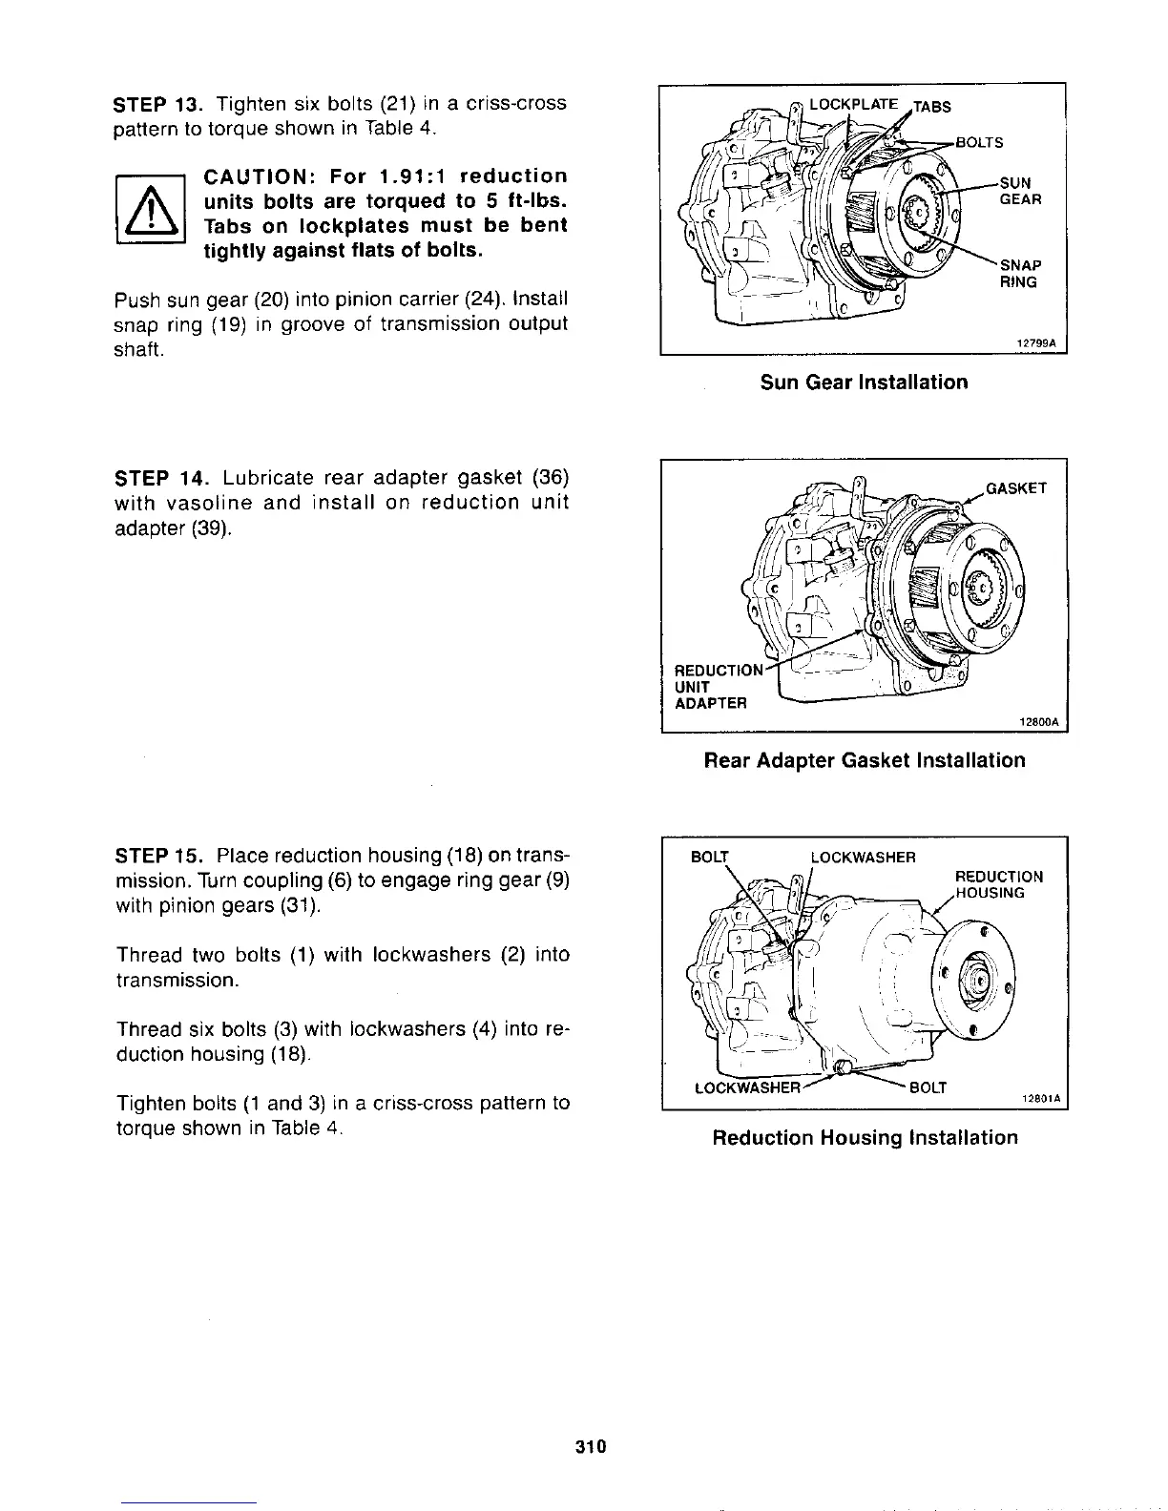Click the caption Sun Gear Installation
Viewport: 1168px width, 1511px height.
click(x=864, y=383)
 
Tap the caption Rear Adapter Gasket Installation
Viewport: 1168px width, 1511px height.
click(x=864, y=760)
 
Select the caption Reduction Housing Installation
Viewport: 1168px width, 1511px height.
click(x=865, y=1137)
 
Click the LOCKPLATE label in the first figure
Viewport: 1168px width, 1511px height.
click(x=852, y=104)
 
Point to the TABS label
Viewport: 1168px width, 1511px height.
click(x=932, y=107)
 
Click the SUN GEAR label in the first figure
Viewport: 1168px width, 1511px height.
click(x=1019, y=191)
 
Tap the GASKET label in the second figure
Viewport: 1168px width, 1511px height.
click(x=1016, y=488)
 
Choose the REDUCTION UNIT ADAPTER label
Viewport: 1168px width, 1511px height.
click(x=711, y=686)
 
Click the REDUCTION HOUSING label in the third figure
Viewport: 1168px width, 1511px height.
click(x=999, y=884)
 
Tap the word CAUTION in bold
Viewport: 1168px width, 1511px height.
click(x=255, y=176)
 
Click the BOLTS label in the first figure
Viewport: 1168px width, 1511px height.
click(x=979, y=143)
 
